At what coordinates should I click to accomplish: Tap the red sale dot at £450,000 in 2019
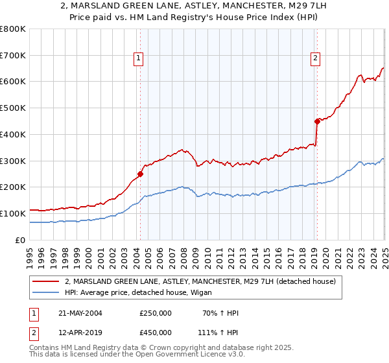click(x=317, y=121)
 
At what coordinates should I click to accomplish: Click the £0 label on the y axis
click(x=20, y=240)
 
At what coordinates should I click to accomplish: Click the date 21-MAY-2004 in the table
click(x=80, y=313)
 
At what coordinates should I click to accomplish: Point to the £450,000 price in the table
click(x=156, y=332)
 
